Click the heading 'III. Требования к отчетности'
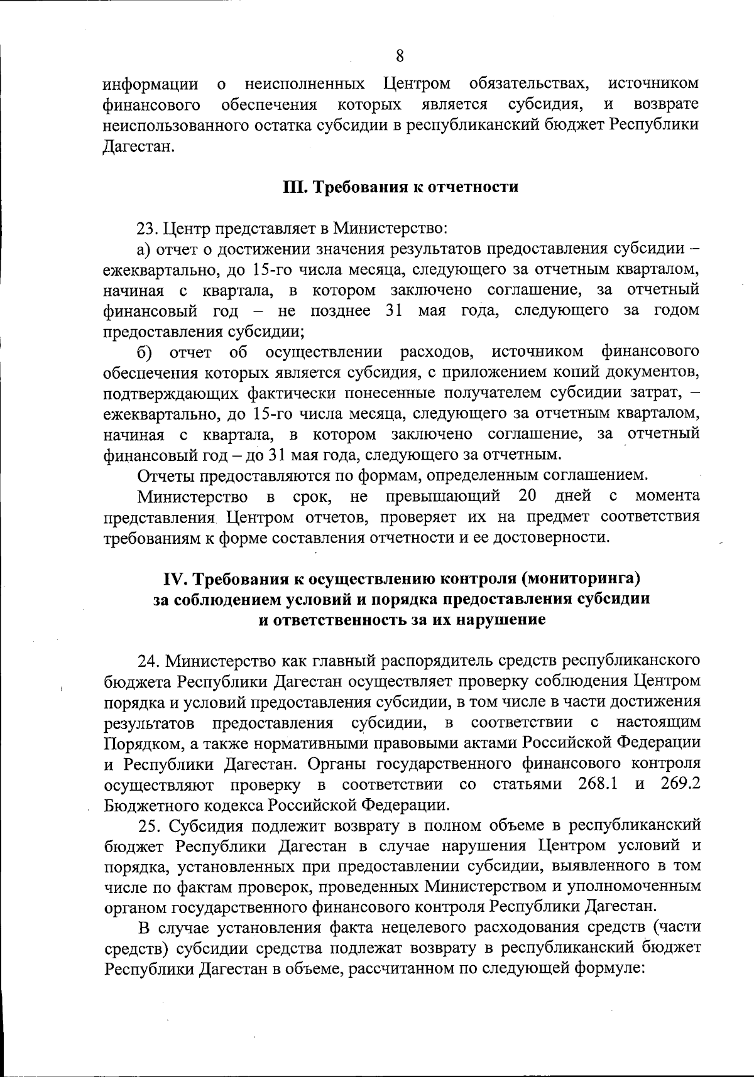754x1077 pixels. point(400,187)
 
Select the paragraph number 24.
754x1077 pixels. point(148,661)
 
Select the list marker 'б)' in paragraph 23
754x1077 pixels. point(146,352)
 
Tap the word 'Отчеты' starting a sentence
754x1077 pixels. point(165,475)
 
